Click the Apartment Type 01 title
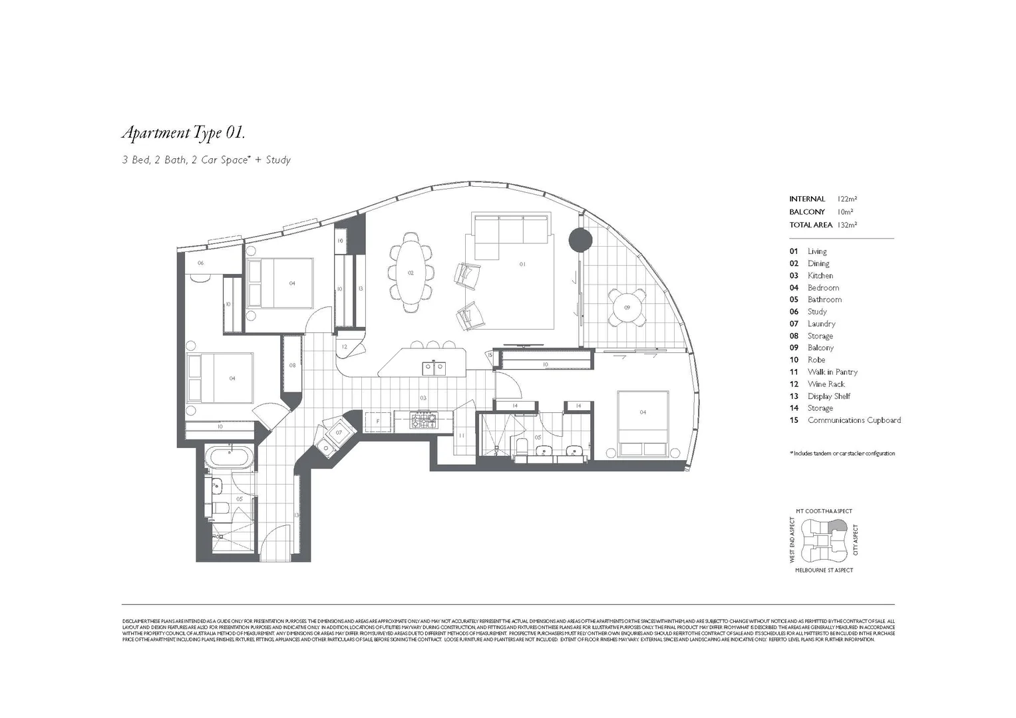183,133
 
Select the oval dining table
411,273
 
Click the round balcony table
627,307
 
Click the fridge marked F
378,421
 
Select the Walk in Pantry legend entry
832,372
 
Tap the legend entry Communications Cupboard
854,420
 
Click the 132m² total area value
847,225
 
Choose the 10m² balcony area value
845,212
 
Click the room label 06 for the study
200,263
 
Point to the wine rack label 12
345,347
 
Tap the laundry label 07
339,433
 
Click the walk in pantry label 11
461,436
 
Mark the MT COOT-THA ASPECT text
824,511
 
